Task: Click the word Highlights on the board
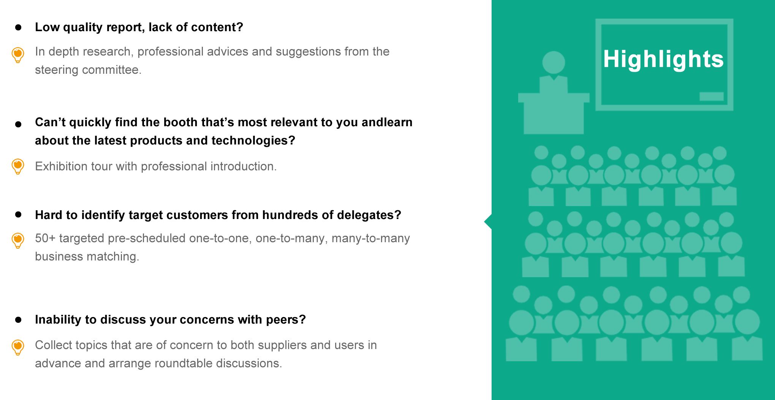point(663,59)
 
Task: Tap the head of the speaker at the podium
point(554,62)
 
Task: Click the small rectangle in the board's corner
point(712,97)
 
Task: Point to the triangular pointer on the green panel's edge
point(488,222)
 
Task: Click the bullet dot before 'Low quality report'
point(18,27)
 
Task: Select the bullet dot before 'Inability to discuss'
point(18,320)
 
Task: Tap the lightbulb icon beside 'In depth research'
point(18,55)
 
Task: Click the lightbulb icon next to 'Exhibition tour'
point(18,166)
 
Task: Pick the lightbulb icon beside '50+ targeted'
point(18,240)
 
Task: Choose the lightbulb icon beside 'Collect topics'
point(18,347)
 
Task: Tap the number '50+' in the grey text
point(45,238)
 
